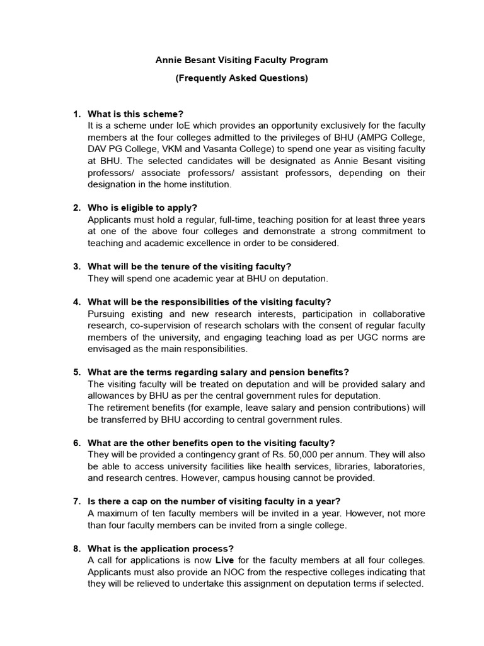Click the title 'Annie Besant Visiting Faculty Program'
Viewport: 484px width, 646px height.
tap(242, 60)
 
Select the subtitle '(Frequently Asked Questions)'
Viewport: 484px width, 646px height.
tap(242, 79)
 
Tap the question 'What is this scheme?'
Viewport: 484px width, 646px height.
tap(135, 114)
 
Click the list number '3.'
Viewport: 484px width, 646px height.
tap(76, 266)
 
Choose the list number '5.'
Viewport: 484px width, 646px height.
tap(76, 372)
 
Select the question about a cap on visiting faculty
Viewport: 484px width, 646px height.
tap(214, 501)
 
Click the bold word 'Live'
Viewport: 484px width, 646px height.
tap(227, 560)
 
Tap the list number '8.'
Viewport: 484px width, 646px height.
tap(76, 549)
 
